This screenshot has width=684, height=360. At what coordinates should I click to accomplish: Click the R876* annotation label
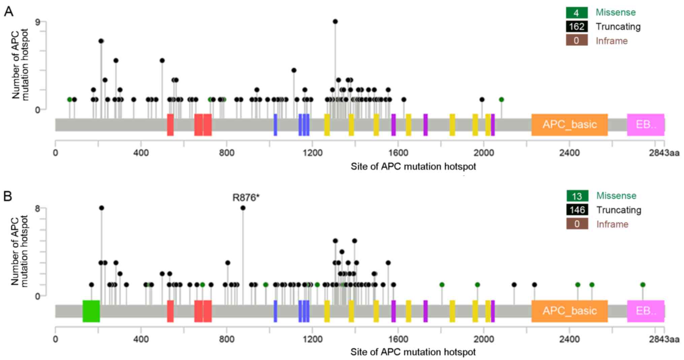pos(246,198)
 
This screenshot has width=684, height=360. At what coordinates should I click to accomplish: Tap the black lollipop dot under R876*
pos(243,208)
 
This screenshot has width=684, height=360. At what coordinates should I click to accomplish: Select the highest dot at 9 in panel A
pos(335,22)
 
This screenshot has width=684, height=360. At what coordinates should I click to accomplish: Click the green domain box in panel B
pos(91,311)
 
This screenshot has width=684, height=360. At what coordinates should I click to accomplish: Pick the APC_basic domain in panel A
pos(569,125)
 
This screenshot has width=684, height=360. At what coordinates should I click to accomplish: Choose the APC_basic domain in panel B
pos(569,311)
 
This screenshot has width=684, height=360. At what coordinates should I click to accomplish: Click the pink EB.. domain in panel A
pos(645,125)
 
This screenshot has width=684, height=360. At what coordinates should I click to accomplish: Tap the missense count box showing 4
pos(576,13)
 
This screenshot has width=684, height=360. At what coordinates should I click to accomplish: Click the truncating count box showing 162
pos(577,27)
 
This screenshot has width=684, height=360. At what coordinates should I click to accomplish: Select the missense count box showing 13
pos(577,196)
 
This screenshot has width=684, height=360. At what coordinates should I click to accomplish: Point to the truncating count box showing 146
pos(577,210)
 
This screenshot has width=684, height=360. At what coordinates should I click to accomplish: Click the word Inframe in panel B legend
pos(612,224)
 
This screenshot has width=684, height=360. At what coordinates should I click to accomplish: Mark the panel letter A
pos(8,11)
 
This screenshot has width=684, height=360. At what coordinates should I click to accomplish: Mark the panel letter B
pos(8,196)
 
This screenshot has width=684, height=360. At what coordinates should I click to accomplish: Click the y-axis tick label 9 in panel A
pos(37,22)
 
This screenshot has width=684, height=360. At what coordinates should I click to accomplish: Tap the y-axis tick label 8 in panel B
pos(37,208)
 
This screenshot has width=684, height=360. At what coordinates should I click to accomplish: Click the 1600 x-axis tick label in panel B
pos(398,339)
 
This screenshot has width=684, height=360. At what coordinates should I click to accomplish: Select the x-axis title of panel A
pos(413,167)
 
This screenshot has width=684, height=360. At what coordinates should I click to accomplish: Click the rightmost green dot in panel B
pos(643,285)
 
